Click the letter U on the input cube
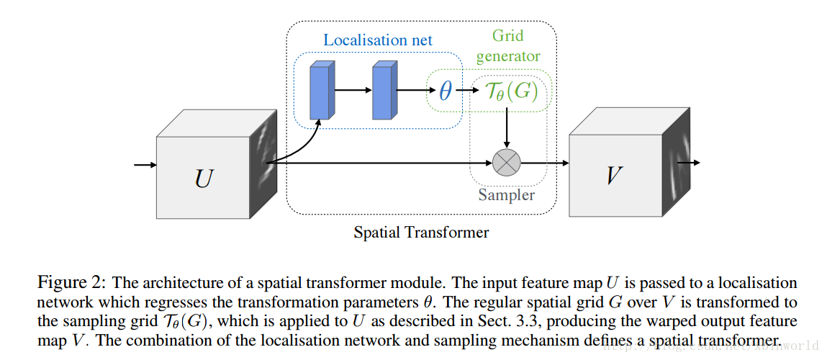[x=204, y=177]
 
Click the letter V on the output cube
[x=614, y=174]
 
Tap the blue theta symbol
[x=446, y=91]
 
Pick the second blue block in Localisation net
[x=384, y=91]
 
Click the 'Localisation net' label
[x=378, y=40]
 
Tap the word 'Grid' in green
[x=507, y=35]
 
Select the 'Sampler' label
[x=507, y=194]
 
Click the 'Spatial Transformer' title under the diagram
[x=421, y=233]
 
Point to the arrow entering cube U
[x=145, y=165]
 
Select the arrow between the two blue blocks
[x=353, y=91]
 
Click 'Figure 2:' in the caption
[x=70, y=282]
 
